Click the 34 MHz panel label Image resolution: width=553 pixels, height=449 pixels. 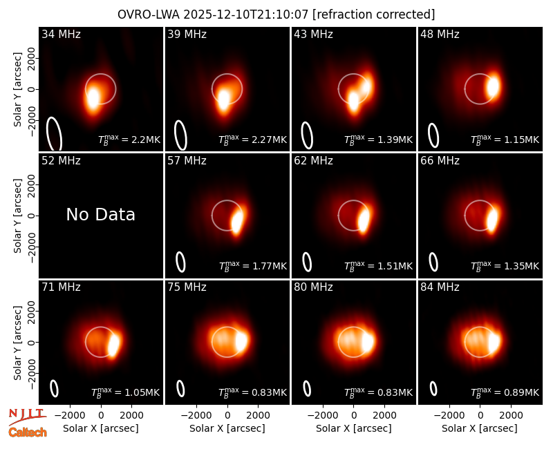(61, 34)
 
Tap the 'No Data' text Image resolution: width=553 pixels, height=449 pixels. (100, 214)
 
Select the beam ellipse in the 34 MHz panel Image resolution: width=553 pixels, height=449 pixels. (54, 134)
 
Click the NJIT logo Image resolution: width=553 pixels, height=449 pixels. (28, 416)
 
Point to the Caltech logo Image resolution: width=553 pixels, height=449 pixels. (28, 432)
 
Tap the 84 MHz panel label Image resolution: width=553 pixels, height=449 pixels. (440, 287)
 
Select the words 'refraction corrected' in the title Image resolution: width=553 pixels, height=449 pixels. (374, 15)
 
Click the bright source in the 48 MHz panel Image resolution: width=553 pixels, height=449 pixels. (493, 86)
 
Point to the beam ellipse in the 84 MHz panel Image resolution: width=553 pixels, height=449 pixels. (433, 388)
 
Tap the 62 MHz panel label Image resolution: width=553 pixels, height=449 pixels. (314, 161)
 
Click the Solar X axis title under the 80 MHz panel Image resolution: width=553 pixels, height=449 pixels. (353, 428)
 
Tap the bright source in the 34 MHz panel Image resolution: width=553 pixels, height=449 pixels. (93, 98)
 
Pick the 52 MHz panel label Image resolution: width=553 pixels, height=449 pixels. (61, 161)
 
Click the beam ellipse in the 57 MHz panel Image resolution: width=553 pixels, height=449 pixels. (180, 262)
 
